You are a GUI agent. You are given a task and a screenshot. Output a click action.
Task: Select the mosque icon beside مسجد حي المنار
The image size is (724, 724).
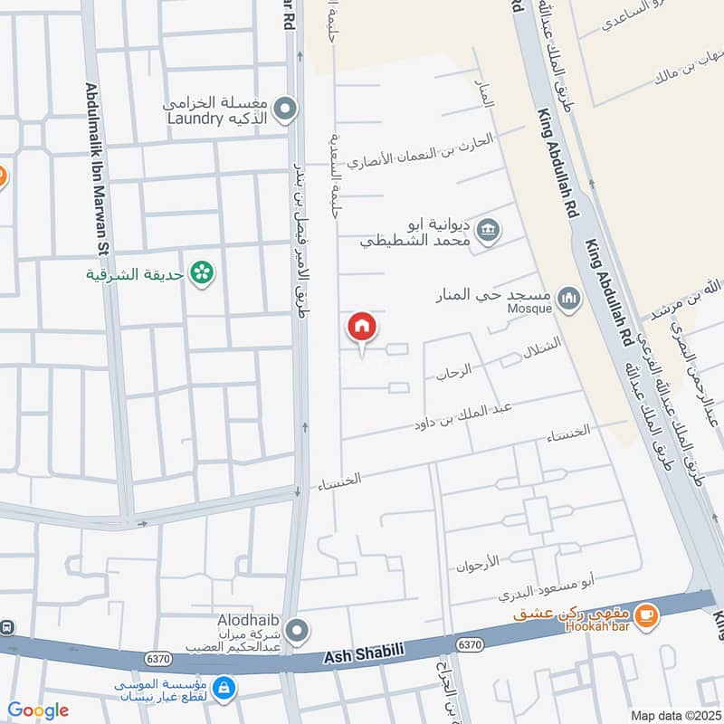(568, 297)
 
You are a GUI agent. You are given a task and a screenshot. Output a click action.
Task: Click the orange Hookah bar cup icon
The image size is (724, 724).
(645, 615)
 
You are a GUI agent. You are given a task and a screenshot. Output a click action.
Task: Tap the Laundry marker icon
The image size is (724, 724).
(286, 110)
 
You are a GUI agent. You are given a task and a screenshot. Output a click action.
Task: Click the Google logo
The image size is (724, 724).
(38, 710)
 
